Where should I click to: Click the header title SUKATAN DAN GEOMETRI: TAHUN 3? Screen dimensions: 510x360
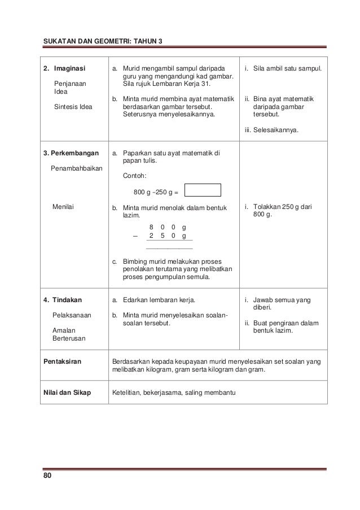(x=103, y=41)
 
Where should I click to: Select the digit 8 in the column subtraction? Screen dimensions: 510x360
(x=151, y=226)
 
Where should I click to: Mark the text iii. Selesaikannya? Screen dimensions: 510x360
(x=271, y=129)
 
